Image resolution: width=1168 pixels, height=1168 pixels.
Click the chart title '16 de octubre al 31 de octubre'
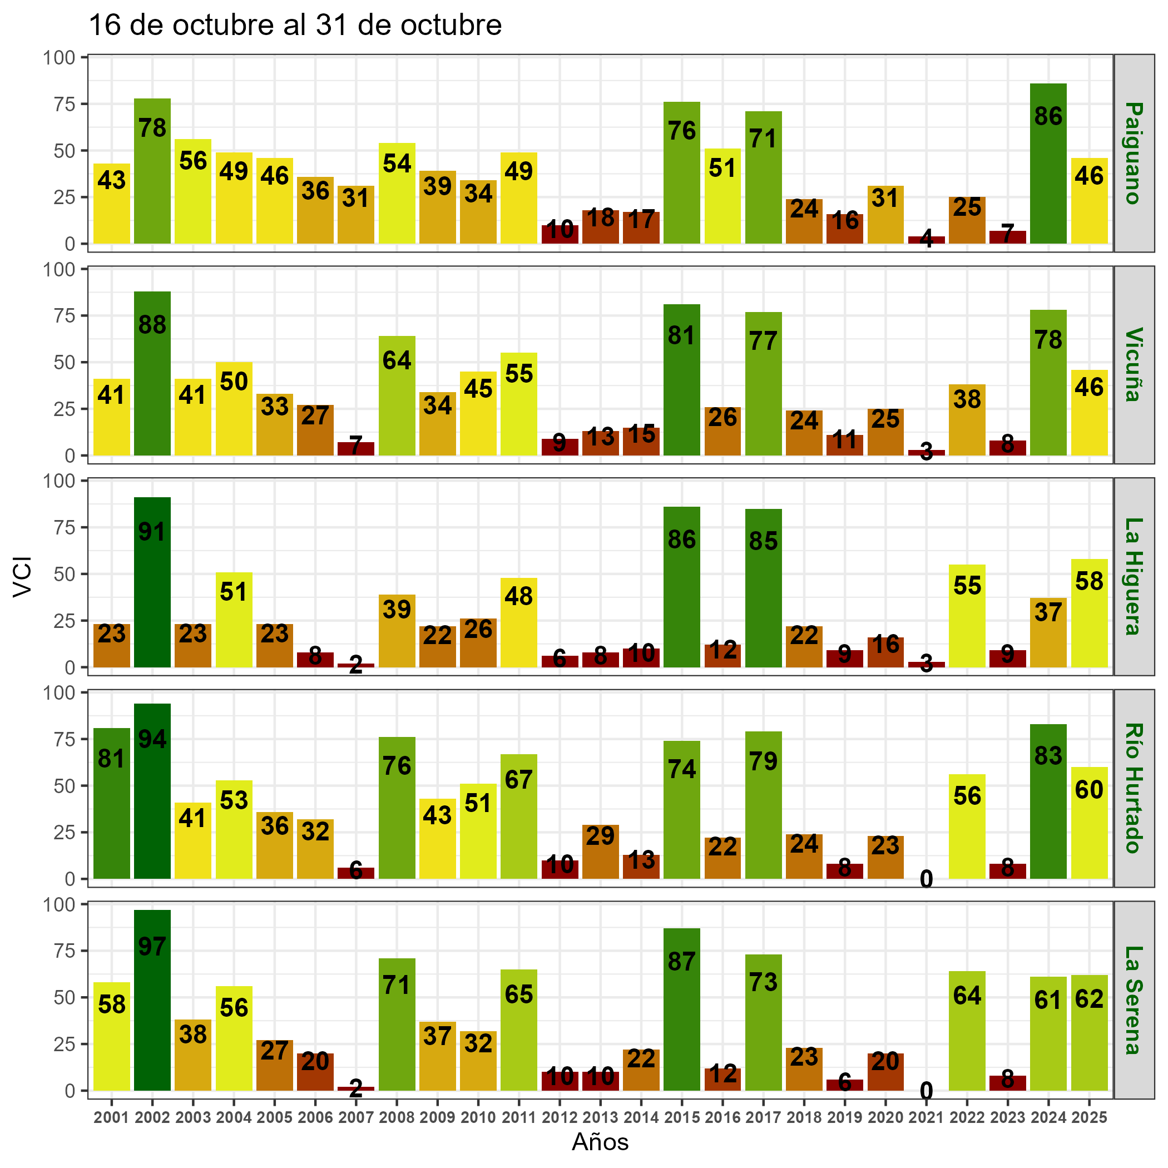point(295,26)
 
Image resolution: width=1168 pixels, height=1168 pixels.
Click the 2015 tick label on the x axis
point(682,1118)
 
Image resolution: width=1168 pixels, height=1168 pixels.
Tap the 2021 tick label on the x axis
point(926,1118)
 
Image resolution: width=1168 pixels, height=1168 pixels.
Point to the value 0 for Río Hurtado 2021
point(926,880)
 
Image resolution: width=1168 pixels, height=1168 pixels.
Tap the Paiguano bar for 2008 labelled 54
point(397,194)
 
